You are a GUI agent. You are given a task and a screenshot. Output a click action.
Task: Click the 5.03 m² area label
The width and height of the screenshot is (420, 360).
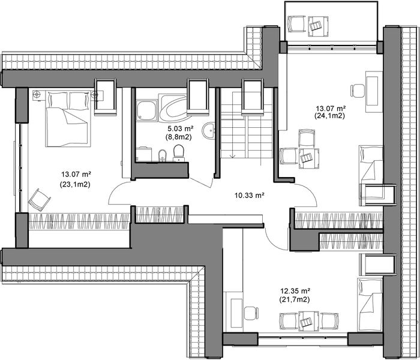point(179,128)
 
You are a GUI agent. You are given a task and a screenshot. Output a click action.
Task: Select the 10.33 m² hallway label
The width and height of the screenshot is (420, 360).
point(248,195)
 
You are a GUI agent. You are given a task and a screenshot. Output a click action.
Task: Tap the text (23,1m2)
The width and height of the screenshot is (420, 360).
point(75,185)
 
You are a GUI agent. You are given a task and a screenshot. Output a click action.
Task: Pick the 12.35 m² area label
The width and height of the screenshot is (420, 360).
point(295,290)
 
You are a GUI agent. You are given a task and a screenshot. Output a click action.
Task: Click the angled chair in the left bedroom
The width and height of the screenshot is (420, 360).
point(37,199)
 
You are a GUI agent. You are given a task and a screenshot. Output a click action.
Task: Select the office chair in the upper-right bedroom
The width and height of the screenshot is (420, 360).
point(358,90)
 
